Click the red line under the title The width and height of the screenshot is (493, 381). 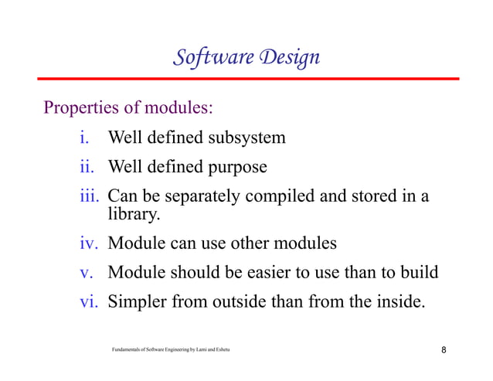(246, 79)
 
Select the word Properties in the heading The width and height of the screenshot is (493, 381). (81, 107)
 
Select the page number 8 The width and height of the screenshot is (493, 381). (444, 351)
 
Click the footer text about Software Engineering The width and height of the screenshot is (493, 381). (171, 351)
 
